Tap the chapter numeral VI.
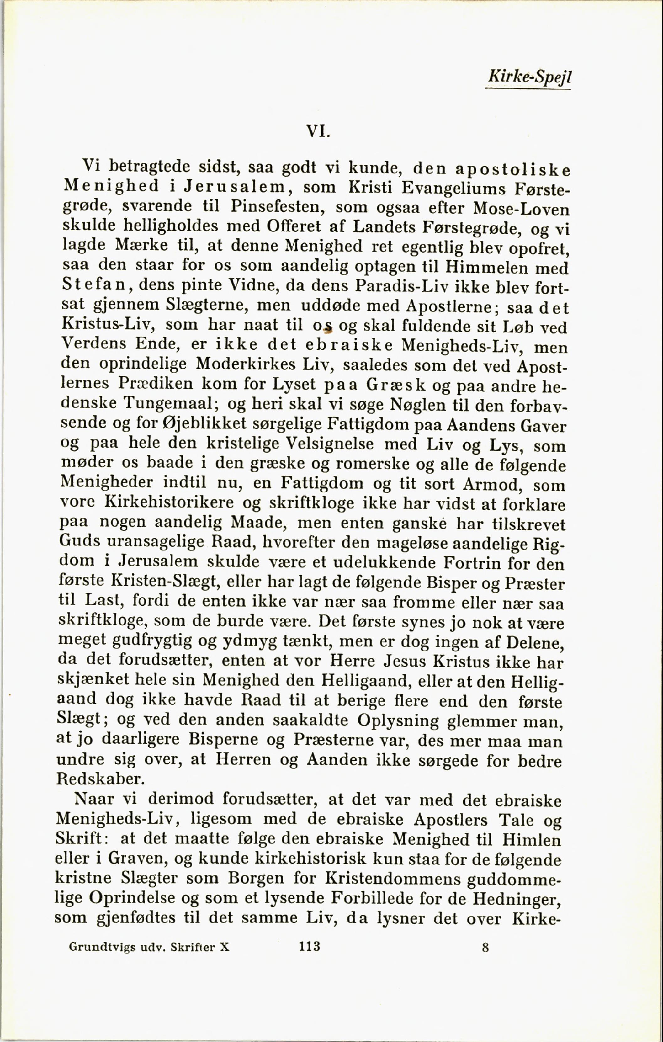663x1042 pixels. click(318, 131)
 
